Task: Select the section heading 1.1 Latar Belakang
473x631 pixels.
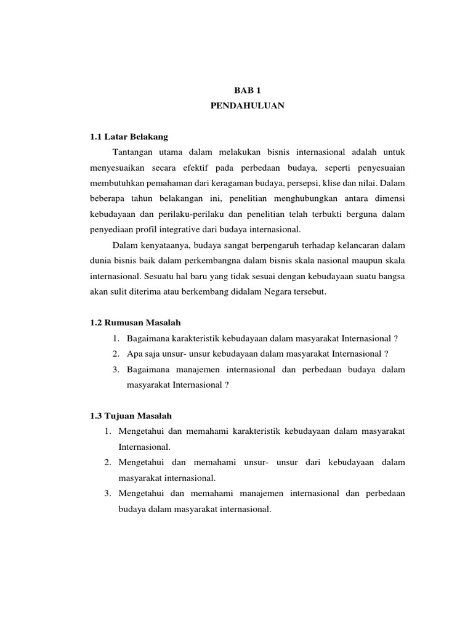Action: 129,136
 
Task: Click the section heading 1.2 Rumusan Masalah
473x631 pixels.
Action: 135,323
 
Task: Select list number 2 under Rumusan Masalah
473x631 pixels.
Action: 116,354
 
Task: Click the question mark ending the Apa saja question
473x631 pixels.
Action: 386,354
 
